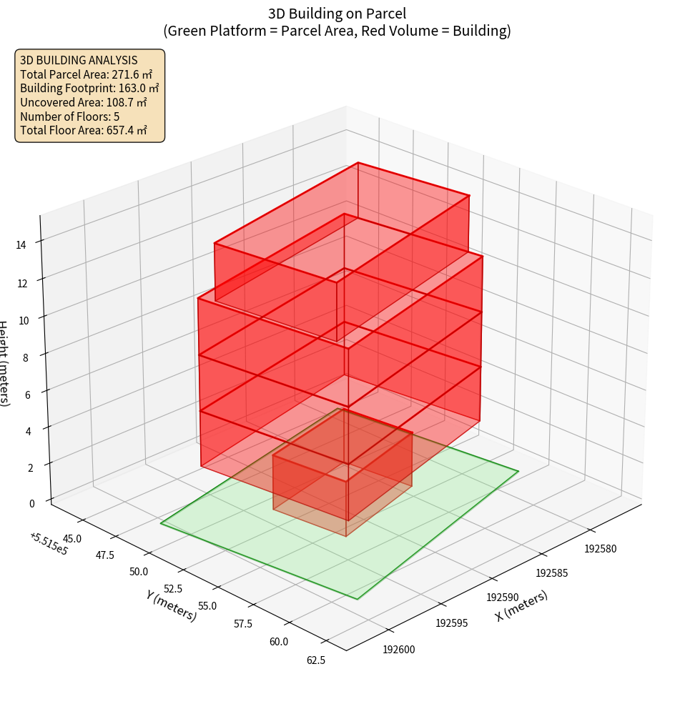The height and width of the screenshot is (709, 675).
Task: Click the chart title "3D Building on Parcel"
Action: [337, 14]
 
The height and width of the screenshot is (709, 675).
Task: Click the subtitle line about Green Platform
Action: [337, 31]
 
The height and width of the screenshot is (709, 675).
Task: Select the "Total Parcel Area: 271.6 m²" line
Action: [87, 74]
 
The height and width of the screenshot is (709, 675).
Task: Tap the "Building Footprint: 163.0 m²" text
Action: [89, 88]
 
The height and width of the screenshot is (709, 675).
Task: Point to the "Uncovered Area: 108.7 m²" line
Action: [84, 102]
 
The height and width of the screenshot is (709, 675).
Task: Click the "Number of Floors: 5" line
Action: [70, 116]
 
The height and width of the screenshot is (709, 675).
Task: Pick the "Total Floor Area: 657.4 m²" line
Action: [84, 130]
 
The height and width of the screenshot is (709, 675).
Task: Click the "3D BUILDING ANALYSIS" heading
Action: [79, 60]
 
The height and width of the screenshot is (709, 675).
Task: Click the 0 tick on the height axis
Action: [31, 503]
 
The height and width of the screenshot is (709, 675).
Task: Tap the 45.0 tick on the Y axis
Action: [72, 538]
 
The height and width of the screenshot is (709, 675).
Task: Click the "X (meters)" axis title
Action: [521, 605]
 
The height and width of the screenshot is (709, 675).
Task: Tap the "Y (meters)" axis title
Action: [172, 605]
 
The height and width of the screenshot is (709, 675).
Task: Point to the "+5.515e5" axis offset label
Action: [49, 543]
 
